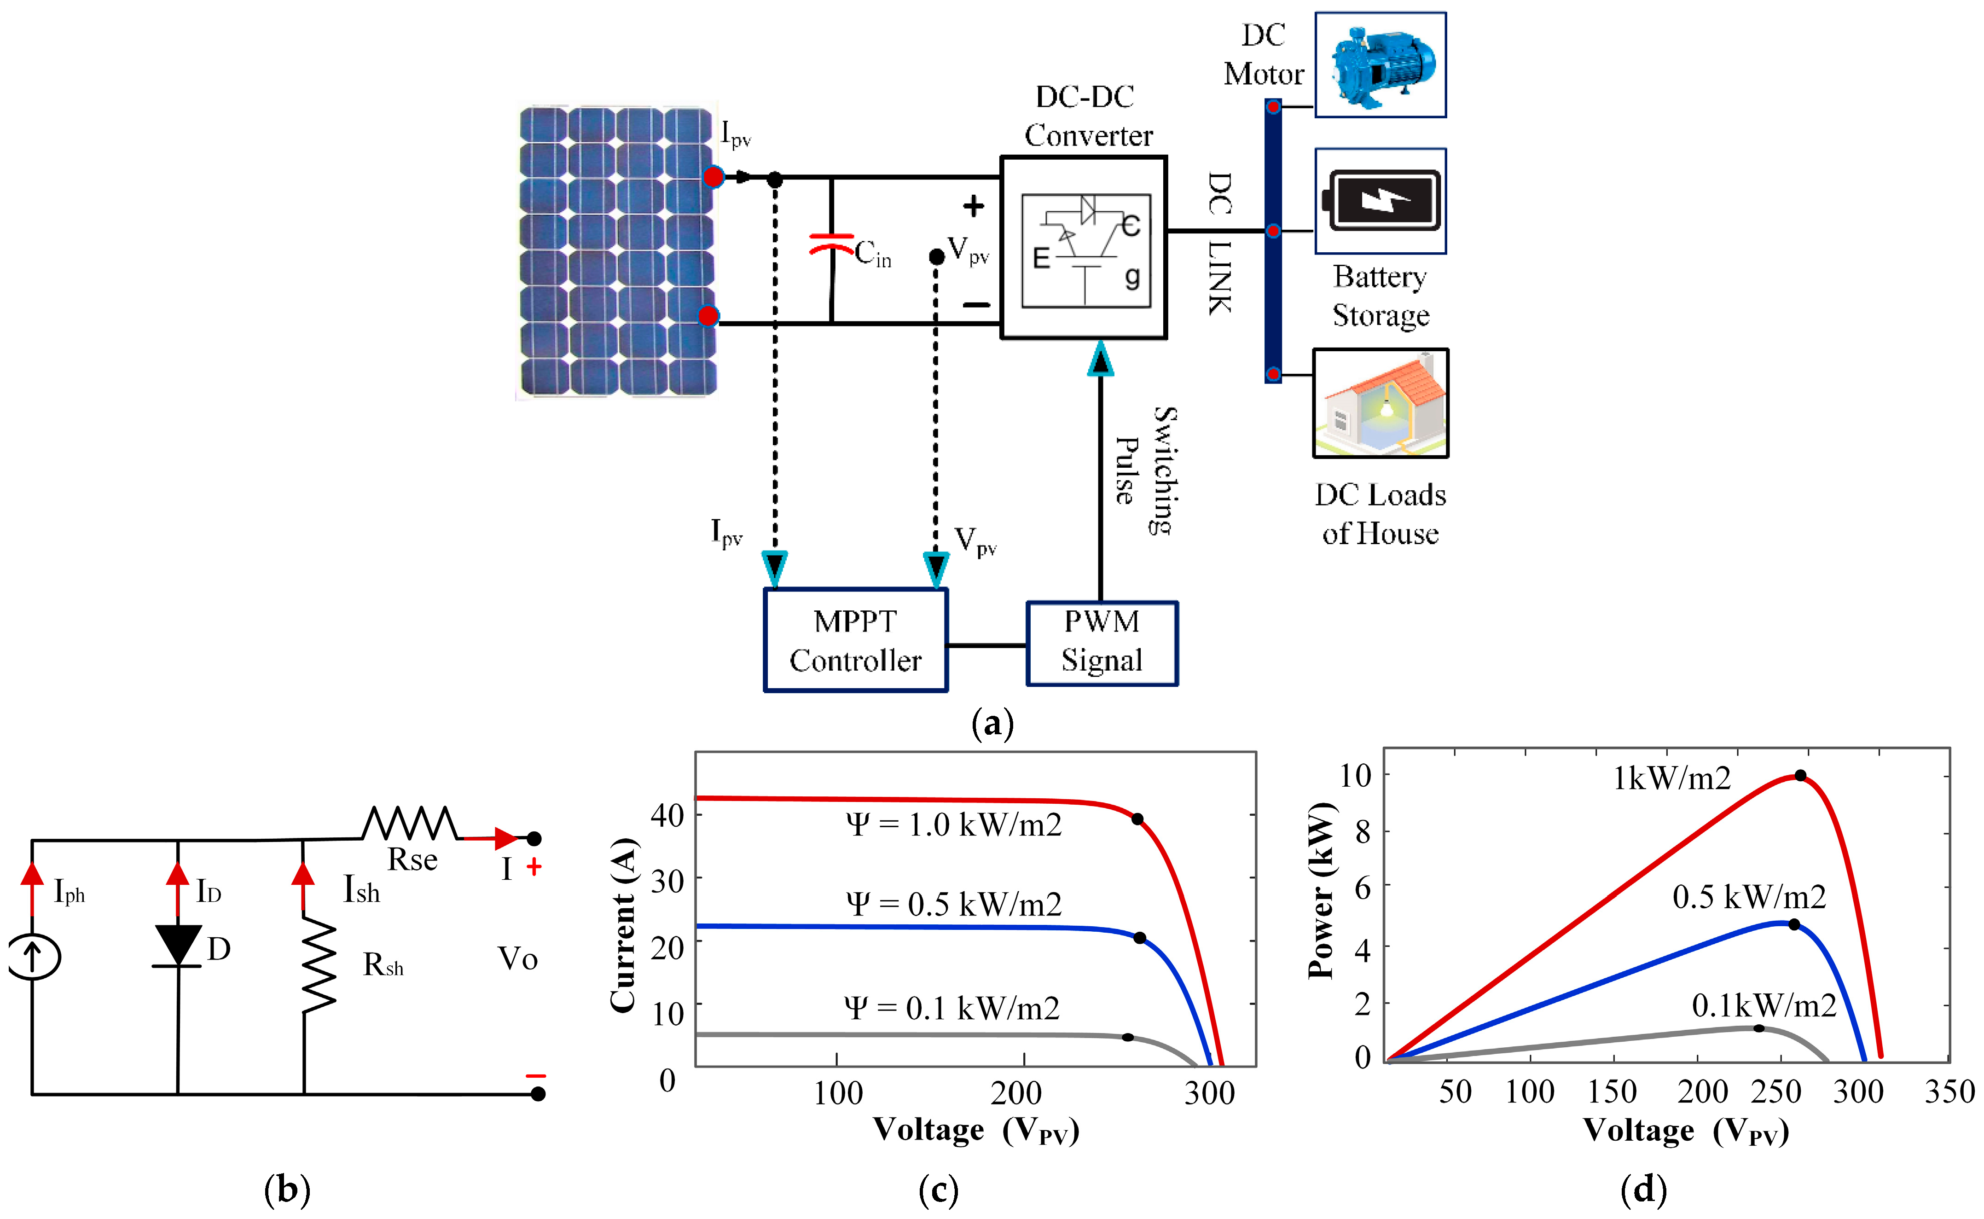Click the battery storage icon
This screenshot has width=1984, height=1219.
(x=1380, y=201)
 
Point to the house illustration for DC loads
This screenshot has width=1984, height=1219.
(x=1380, y=403)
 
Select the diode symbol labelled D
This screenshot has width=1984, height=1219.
(x=177, y=945)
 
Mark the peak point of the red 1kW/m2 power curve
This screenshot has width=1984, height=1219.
(x=1800, y=776)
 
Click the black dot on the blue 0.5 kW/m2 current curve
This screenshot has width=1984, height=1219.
(x=1140, y=938)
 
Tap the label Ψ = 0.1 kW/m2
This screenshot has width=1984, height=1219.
(x=951, y=1008)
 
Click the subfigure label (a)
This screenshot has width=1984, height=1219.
(x=992, y=723)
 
